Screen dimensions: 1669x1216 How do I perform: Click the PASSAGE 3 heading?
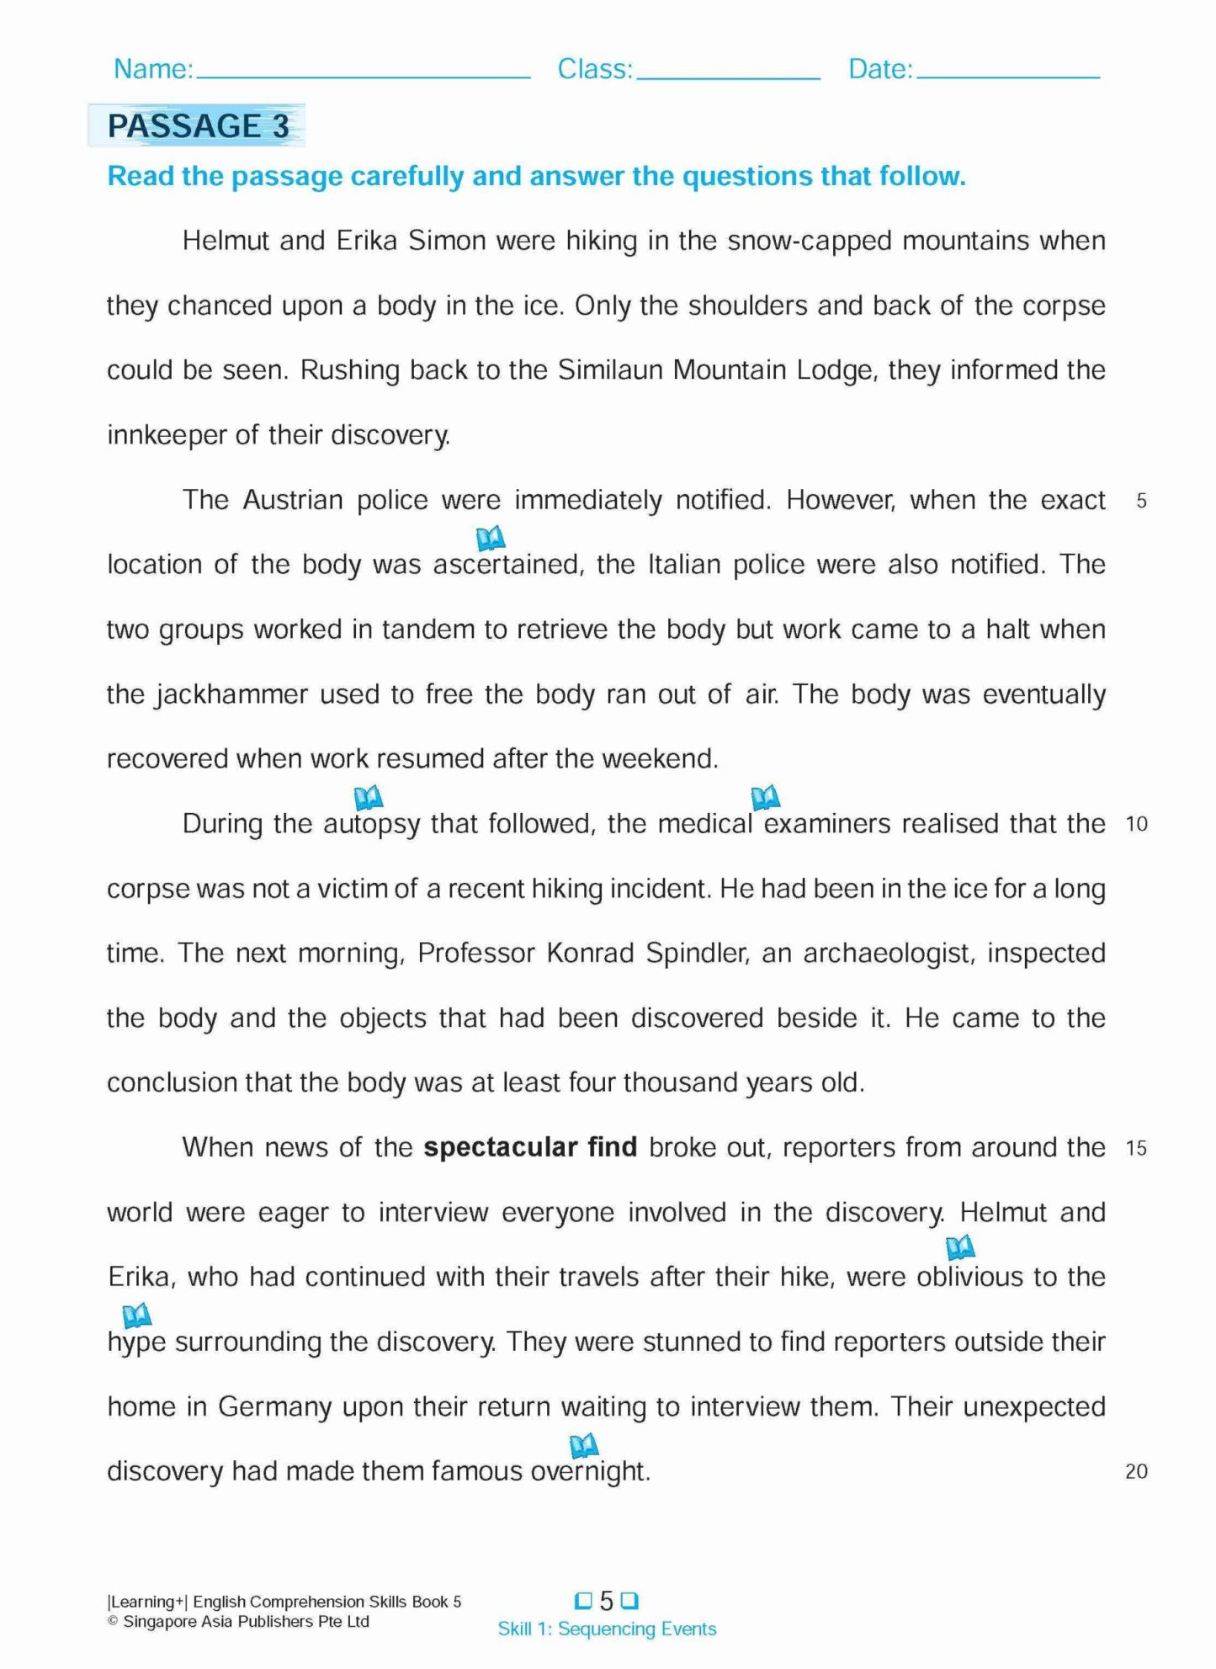pos(198,126)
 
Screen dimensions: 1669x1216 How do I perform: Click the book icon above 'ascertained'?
pos(491,537)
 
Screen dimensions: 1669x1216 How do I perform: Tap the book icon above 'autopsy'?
pos(369,796)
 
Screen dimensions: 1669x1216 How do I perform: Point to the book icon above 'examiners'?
pos(765,796)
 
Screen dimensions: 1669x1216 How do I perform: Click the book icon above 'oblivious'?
pos(960,1246)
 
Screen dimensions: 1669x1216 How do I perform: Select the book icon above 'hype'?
pos(136,1314)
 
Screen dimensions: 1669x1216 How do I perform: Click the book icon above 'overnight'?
pos(584,1445)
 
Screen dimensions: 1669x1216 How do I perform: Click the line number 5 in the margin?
pos(1141,501)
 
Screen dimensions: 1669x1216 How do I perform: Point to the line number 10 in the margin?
pos(1137,824)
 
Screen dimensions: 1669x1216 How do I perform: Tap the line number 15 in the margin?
pos(1136,1148)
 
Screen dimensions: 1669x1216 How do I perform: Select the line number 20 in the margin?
pos(1136,1471)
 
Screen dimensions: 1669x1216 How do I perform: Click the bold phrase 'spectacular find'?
pos(530,1147)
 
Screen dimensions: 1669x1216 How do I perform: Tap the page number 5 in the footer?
pos(606,1600)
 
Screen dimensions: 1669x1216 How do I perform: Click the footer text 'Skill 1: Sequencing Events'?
pos(607,1629)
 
